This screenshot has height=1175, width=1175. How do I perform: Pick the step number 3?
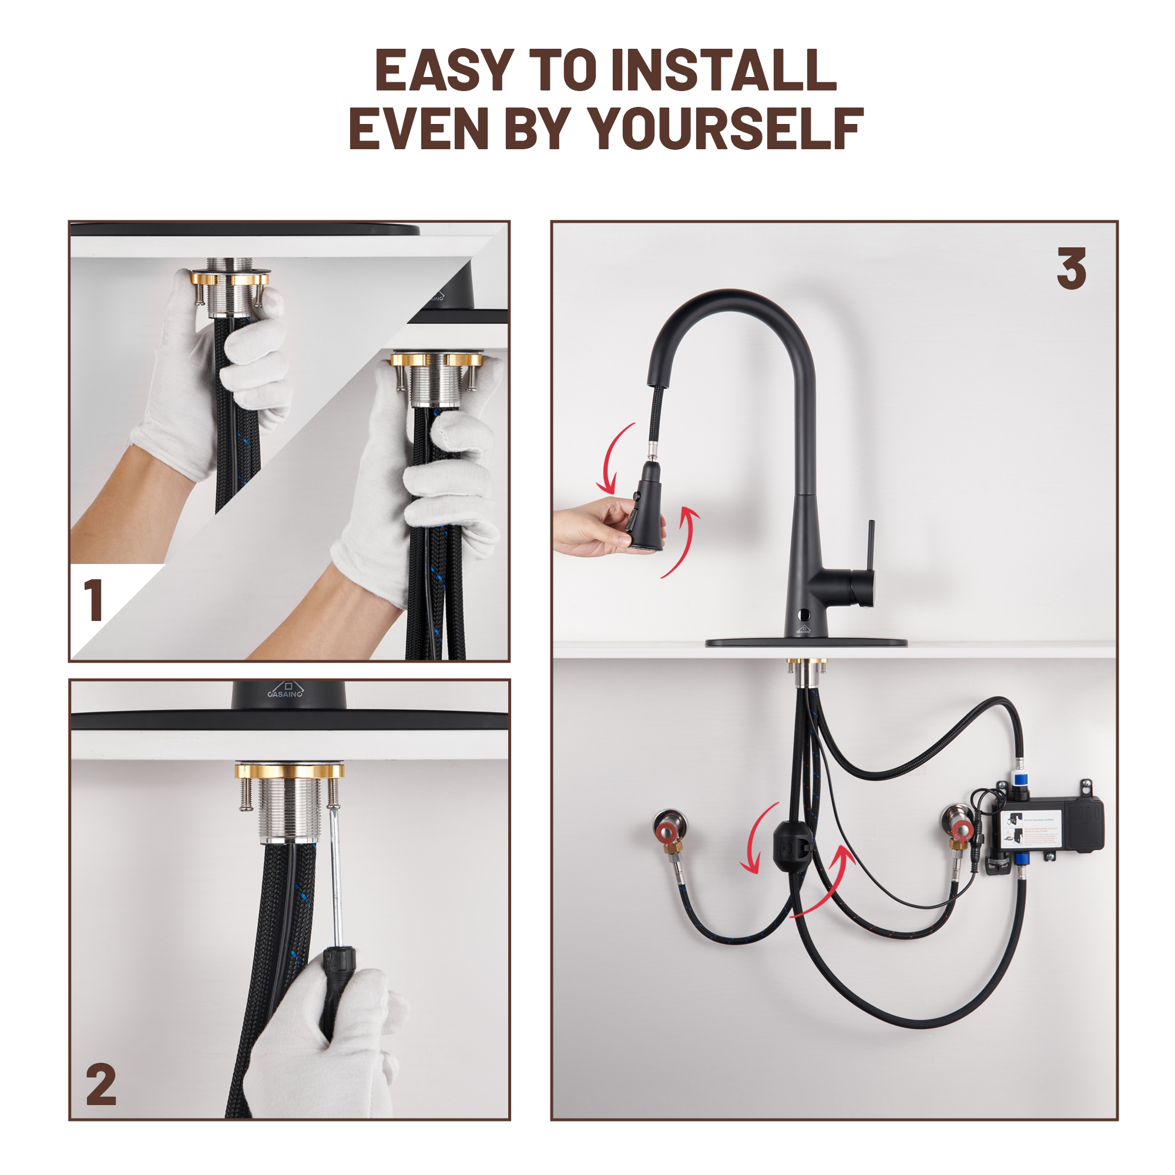click(1071, 269)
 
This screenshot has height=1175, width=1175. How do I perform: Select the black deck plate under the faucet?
click(806, 643)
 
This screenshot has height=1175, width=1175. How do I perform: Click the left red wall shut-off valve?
click(667, 828)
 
